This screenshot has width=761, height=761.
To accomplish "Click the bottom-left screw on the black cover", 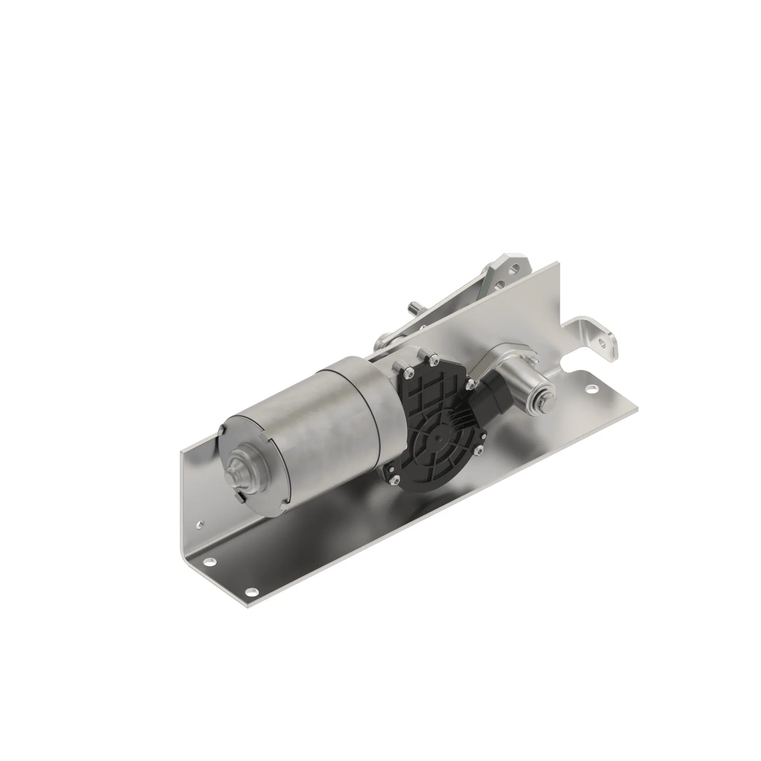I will [x=396, y=479].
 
